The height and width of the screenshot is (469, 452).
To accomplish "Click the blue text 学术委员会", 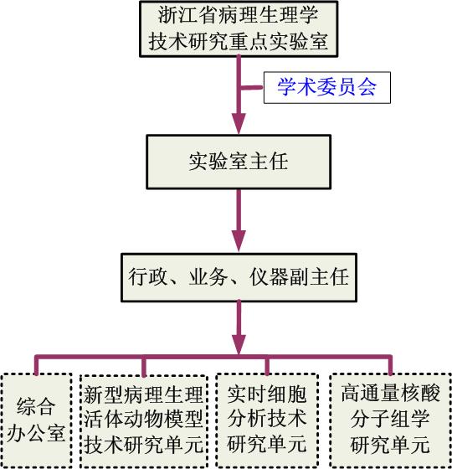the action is [x=326, y=87].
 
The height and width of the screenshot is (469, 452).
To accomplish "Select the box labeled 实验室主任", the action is [x=239, y=162].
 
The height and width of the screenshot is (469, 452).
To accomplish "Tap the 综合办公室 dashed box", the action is [x=36, y=420].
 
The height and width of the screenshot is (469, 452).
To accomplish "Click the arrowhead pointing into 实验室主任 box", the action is [x=239, y=124].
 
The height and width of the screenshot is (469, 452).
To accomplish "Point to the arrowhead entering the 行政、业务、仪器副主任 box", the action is [x=239, y=241].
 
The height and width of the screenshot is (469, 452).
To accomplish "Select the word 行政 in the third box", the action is [x=147, y=277].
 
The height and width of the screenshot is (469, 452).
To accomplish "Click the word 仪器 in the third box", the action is [x=269, y=277].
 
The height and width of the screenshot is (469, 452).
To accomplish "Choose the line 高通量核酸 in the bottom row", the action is [x=390, y=393].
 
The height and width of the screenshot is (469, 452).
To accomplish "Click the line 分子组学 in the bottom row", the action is [x=390, y=419].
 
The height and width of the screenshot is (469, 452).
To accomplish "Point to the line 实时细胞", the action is [x=267, y=394].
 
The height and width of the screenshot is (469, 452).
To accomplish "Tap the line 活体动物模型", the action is [x=143, y=419].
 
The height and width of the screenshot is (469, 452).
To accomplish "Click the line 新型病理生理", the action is [x=143, y=394].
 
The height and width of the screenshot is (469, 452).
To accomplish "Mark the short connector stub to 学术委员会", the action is [x=252, y=88].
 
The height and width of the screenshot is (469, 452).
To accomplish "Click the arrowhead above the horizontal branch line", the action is [x=239, y=345].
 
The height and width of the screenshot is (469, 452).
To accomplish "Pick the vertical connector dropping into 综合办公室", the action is [x=37, y=365].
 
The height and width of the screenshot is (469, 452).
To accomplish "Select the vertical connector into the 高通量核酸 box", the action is [x=390, y=365].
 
